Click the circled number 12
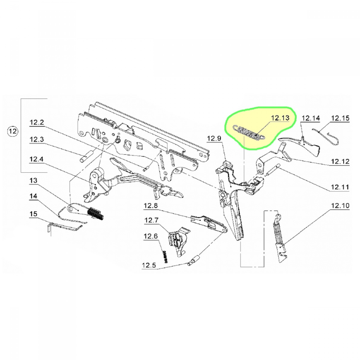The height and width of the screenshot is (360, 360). (x=12, y=132)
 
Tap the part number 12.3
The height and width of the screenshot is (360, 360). (x=37, y=140)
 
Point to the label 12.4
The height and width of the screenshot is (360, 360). (x=37, y=159)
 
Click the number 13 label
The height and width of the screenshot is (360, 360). (x=33, y=180)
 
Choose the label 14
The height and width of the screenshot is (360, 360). (x=33, y=196)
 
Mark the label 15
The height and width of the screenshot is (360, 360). (x=33, y=214)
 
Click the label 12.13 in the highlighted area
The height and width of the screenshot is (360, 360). (x=280, y=118)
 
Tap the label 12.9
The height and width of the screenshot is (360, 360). (x=214, y=138)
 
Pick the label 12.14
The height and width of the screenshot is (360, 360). (x=310, y=118)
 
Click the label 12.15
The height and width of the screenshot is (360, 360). (x=340, y=118)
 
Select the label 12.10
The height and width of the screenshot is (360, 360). (x=340, y=206)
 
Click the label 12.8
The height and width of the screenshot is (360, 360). (x=151, y=206)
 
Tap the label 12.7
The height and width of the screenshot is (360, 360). (x=151, y=220)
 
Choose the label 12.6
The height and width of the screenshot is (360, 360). (x=151, y=236)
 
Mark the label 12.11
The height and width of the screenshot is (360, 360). (x=340, y=187)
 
